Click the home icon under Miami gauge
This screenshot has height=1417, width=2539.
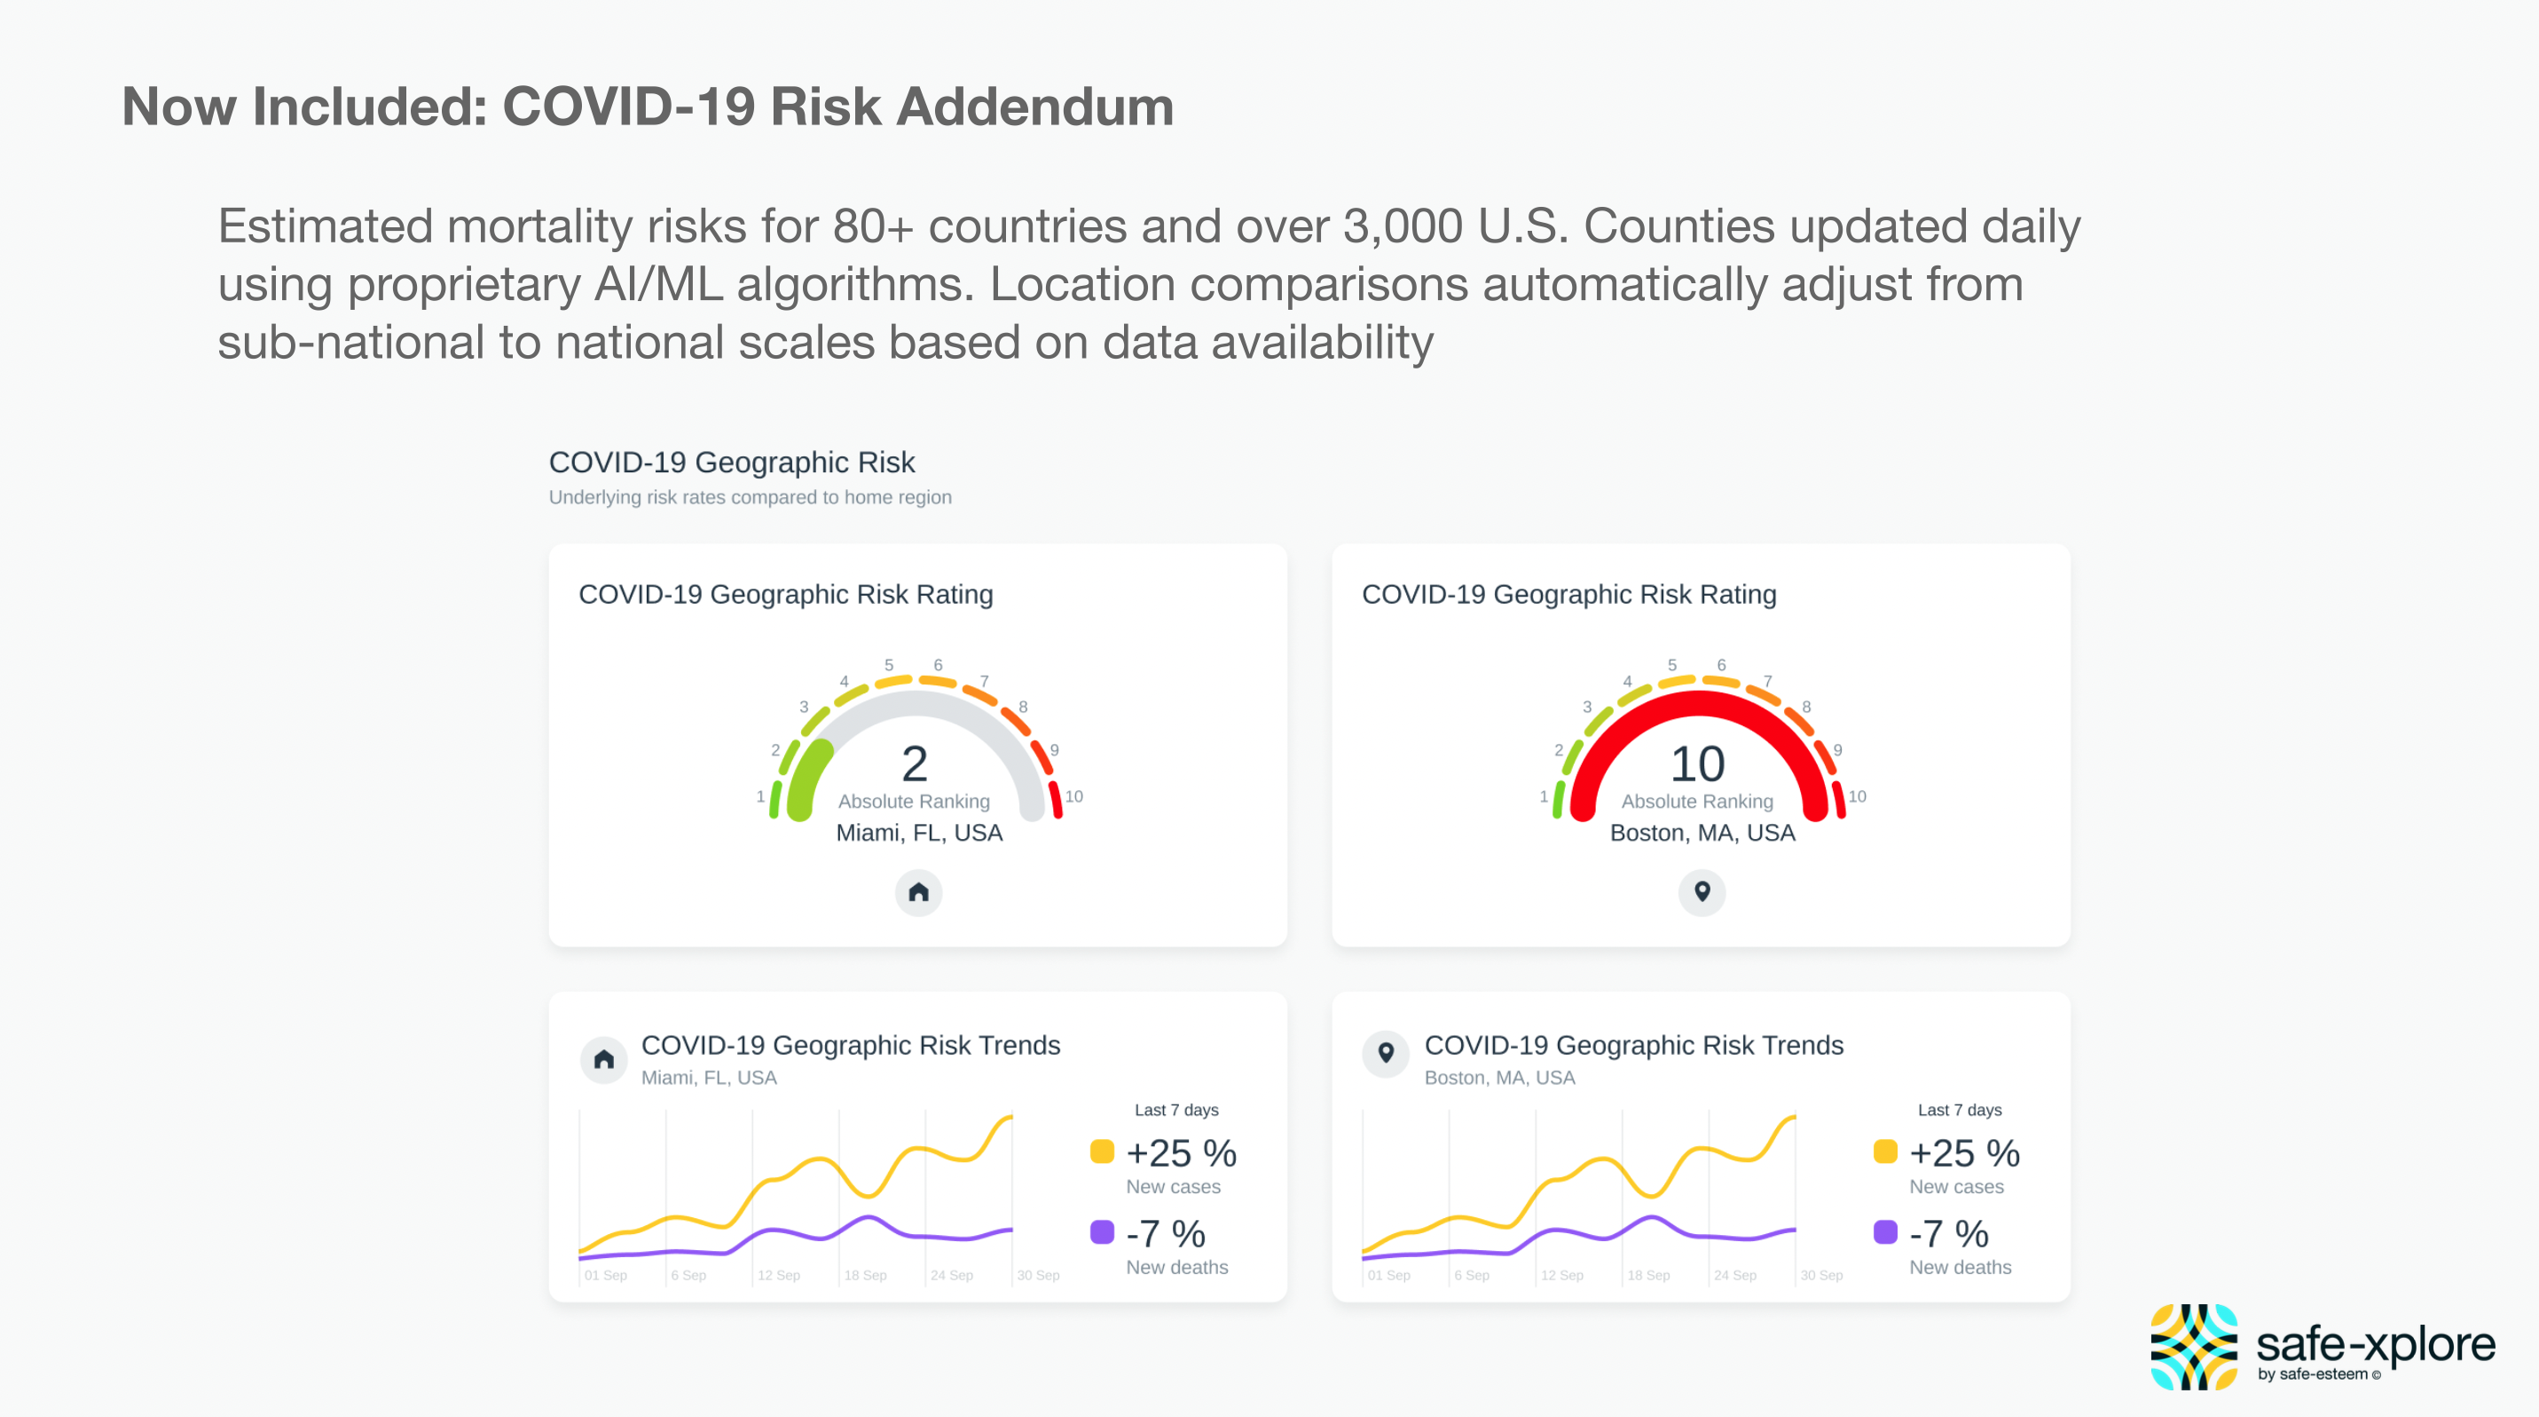point(917,892)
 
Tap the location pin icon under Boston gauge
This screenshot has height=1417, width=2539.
point(1702,892)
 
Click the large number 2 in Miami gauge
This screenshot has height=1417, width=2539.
point(914,764)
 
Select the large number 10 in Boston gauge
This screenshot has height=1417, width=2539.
point(1697,764)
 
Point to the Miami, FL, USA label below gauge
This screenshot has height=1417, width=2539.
point(918,833)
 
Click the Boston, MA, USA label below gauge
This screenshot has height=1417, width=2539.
point(1702,833)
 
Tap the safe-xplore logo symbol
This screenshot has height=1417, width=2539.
point(2193,1346)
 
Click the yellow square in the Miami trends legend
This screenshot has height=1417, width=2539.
point(1102,1152)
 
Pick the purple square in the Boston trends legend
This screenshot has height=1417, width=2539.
point(1884,1232)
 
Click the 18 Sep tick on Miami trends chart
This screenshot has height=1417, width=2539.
point(864,1275)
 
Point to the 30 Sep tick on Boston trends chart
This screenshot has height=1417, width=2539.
point(1820,1275)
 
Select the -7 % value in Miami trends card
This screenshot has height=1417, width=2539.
point(1165,1233)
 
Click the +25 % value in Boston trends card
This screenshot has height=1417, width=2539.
point(1964,1152)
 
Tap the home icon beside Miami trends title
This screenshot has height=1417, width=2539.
point(604,1059)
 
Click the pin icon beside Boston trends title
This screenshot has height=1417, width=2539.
point(1386,1053)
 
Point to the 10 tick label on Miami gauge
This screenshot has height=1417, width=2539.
point(1073,796)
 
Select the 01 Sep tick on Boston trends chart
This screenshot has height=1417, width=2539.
point(1387,1275)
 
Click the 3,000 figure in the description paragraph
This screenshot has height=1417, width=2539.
point(1403,226)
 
